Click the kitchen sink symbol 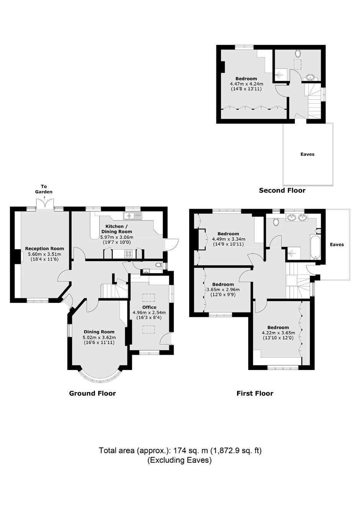click(x=132, y=216)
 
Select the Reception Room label click(x=44, y=249)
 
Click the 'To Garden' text click(x=44, y=189)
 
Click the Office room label click(x=149, y=308)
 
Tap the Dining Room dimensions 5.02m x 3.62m click(x=99, y=337)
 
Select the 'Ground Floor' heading click(x=93, y=393)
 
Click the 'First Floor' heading click(x=255, y=393)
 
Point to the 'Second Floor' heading click(x=282, y=190)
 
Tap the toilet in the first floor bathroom click(x=276, y=222)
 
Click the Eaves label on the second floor click(x=308, y=154)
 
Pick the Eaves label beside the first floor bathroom click(x=337, y=244)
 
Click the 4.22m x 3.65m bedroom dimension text click(x=278, y=333)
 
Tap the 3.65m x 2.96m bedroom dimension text click(x=223, y=290)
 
